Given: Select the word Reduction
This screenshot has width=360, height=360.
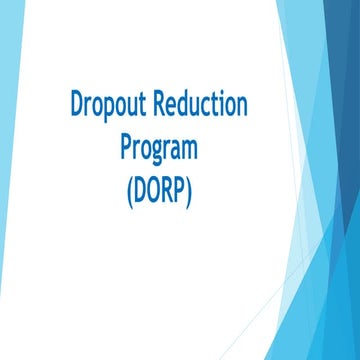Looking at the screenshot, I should coord(208,105).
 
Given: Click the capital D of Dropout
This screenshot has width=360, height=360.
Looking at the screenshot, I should coord(78,105).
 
